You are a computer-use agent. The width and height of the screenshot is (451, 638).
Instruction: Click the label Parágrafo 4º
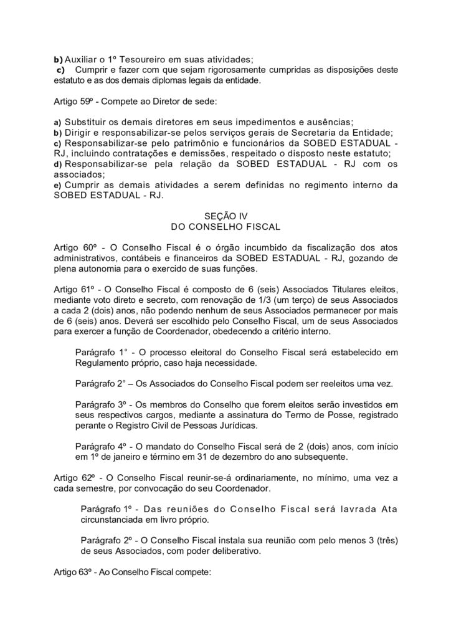click(100, 447)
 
